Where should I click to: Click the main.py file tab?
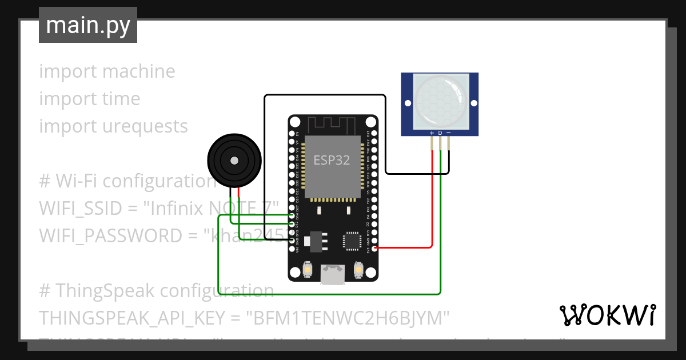click(87, 25)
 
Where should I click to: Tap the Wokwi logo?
click(607, 315)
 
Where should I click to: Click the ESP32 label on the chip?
click(332, 160)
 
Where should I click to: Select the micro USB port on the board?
click(333, 274)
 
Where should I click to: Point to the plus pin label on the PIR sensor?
click(432, 133)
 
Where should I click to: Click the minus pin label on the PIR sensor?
click(448, 133)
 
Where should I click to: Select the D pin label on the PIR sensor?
click(440, 133)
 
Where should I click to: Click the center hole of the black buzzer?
click(234, 161)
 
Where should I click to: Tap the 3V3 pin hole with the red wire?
click(374, 248)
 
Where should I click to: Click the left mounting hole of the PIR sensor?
click(408, 103)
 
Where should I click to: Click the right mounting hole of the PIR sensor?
click(473, 103)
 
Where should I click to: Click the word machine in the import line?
click(139, 71)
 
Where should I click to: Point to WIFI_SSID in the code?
click(80, 209)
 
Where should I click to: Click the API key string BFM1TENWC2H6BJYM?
click(348, 317)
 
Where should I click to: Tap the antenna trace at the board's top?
click(333, 124)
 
